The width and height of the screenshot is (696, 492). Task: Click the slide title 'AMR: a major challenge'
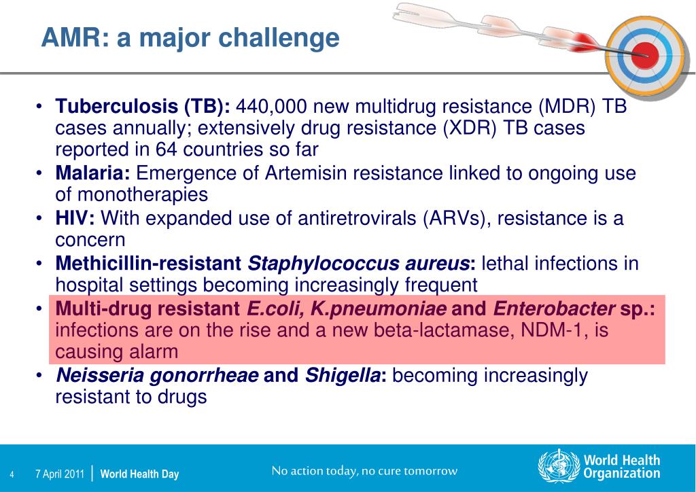click(x=190, y=37)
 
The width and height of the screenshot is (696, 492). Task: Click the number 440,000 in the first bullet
click(x=271, y=107)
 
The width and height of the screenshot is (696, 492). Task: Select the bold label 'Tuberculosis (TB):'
click(x=143, y=107)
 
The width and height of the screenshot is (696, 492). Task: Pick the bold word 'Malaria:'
click(x=92, y=173)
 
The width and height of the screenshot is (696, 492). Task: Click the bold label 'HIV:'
click(x=75, y=218)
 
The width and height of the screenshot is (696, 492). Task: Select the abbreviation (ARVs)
click(x=457, y=219)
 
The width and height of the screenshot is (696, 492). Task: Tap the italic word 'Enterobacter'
click(x=554, y=309)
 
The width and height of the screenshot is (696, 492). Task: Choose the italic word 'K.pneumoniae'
click(x=378, y=309)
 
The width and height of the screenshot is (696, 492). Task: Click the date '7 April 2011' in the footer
click(x=60, y=474)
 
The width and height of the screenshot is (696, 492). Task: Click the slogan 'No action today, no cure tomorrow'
click(x=364, y=471)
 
